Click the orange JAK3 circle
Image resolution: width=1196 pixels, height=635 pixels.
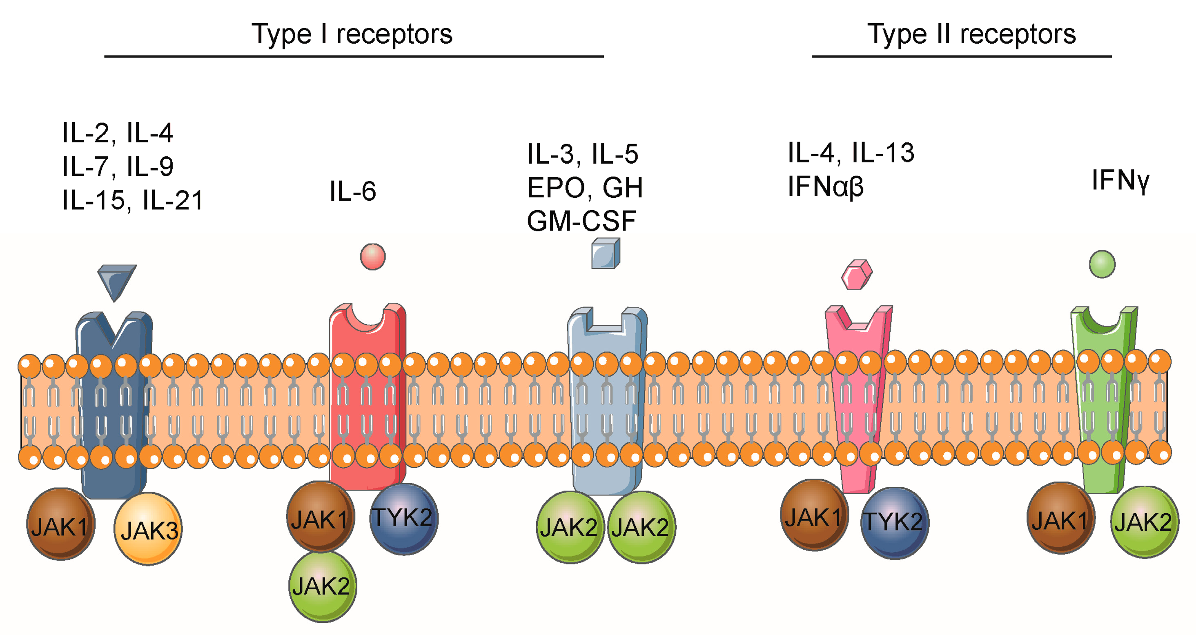pos(148,529)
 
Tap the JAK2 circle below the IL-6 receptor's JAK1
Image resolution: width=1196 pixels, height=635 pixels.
pos(322,586)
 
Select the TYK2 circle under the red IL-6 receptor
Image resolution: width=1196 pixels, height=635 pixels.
pos(403,519)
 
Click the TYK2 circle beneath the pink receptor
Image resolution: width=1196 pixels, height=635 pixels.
pos(894,523)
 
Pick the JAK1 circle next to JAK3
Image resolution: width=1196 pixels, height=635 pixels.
pos(60,524)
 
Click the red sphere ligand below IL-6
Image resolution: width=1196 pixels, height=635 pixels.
pos(373,257)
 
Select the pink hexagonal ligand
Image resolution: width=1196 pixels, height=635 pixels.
pos(857,275)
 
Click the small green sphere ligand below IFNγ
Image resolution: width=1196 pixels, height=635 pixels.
pos(1102,264)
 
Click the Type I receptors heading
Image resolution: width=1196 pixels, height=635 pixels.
pos(352,34)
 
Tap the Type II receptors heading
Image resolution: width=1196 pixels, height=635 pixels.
pos(971,34)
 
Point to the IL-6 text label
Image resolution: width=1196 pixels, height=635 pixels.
pos(352,191)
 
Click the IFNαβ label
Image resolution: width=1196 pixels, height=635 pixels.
pos(826,187)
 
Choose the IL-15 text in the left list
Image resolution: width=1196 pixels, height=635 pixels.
pos(93,200)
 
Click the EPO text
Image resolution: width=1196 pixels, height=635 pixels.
pos(556,188)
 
